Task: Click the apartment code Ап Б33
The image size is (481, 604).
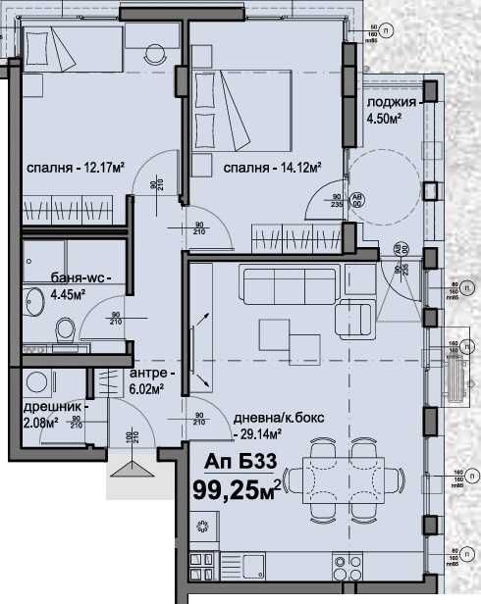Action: point(236,462)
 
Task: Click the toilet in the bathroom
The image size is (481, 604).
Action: point(66,327)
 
